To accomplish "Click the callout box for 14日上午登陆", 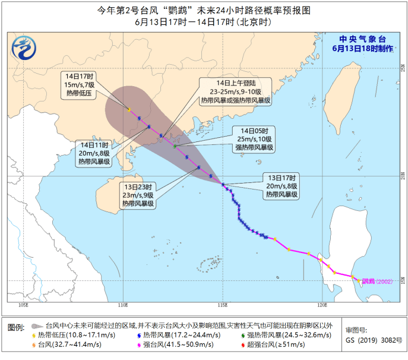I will pos(235,91).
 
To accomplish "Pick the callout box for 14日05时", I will pos(254,138).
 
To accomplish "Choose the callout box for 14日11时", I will pos(96,153).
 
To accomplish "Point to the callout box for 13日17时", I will pos(283,185).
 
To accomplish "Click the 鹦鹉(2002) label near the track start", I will pos(377,281).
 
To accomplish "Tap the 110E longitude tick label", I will pos(123,305).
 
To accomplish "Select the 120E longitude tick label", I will pos(322,305).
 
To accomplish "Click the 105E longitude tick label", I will pos(24,305).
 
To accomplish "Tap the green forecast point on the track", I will pos(175,146).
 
